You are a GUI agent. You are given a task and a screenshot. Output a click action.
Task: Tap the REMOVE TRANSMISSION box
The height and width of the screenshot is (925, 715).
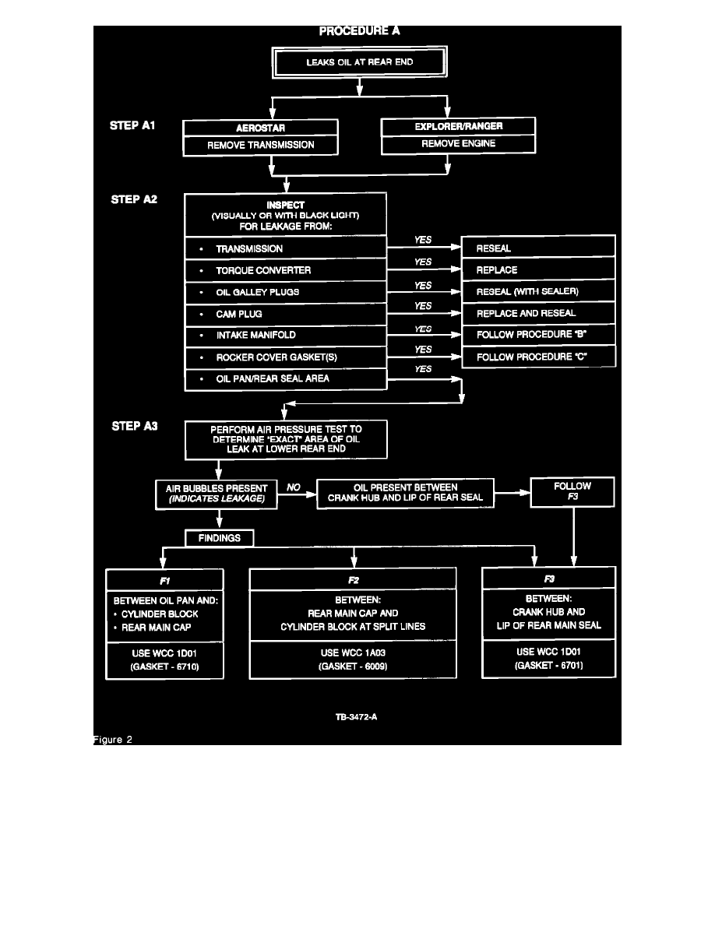261,144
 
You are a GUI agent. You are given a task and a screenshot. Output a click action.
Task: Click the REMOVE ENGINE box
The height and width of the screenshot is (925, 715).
458,143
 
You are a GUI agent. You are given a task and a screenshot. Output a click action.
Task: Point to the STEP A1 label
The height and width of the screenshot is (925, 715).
133,125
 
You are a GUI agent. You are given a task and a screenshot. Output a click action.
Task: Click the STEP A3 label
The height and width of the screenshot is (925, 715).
135,427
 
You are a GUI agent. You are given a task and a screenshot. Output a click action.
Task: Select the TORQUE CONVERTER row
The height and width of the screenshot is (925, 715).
286,270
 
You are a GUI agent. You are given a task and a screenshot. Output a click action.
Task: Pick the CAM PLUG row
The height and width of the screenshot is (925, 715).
286,314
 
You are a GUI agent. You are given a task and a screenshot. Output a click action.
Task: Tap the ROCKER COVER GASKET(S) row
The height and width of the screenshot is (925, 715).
286,357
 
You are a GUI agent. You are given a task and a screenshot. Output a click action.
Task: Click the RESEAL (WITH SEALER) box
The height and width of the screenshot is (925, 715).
538,292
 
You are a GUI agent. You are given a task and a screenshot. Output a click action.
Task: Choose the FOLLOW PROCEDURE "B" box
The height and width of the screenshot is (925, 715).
538,336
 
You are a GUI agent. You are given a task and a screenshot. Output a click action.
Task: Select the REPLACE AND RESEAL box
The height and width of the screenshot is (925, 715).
538,314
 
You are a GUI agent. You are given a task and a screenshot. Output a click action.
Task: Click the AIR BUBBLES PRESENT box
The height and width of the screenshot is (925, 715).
217,494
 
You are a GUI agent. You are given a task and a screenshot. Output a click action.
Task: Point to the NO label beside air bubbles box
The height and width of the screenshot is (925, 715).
294,487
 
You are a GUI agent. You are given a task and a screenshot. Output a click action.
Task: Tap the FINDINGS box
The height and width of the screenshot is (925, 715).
219,537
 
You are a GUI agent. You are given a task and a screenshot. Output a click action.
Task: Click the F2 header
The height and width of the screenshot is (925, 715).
354,580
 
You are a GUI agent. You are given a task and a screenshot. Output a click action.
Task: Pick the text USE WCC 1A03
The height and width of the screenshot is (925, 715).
353,652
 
